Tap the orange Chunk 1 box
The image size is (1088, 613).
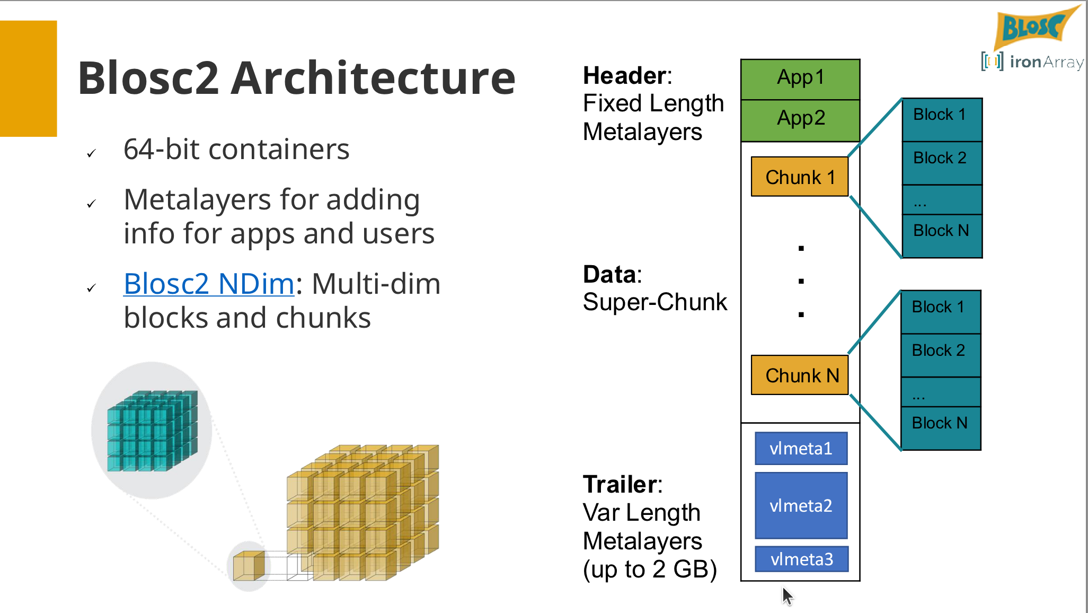[800, 177]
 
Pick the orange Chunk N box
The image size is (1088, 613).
[800, 375]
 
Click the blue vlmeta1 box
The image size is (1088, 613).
[801, 449]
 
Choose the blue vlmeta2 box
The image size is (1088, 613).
[801, 505]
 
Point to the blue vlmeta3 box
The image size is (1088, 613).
[801, 559]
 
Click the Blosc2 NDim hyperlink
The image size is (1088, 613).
[209, 284]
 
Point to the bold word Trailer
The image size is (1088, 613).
[620, 484]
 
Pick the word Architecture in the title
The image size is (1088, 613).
[373, 78]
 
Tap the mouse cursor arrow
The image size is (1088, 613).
[787, 595]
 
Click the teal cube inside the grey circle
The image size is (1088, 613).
[152, 431]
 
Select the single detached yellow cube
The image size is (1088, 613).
[249, 566]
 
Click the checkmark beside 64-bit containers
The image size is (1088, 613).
[91, 153]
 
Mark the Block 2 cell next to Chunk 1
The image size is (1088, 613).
[942, 162]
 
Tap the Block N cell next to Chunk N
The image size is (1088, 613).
[941, 427]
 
